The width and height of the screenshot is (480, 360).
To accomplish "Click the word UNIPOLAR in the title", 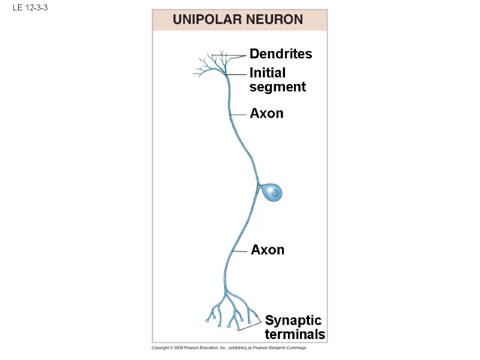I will click(206, 20).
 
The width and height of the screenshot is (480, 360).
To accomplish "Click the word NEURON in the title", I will click(274, 20).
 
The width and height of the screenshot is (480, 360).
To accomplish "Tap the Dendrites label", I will click(280, 54).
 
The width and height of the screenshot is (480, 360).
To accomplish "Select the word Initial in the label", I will click(268, 73).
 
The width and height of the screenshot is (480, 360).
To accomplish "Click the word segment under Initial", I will click(277, 87).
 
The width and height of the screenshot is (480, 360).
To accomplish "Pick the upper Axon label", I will click(266, 113).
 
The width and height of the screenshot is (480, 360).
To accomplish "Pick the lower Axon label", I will click(267, 250).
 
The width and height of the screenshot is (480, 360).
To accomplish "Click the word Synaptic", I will click(293, 320).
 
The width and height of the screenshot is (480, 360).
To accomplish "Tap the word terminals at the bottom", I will click(295, 335).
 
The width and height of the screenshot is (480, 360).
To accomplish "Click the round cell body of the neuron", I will click(272, 193).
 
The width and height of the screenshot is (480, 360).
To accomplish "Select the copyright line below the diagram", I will click(229, 348).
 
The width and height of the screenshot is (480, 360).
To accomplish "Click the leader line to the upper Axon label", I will click(238, 114).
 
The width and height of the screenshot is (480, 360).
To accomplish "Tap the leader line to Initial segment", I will click(236, 74).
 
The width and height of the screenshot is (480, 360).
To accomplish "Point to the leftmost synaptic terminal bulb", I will click(208, 321).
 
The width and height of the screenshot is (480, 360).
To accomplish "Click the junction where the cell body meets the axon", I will click(259, 186).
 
